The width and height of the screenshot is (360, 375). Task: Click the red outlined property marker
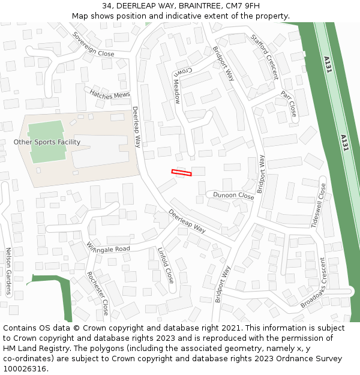pyautogui.click(x=181, y=173)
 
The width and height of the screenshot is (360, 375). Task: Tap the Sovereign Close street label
pyautogui.click(x=93, y=45)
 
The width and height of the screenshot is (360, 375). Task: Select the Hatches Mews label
pyautogui.click(x=109, y=94)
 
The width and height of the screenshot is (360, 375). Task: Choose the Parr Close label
pyautogui.click(x=289, y=103)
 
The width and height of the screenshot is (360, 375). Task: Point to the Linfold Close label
pyautogui.click(x=166, y=265)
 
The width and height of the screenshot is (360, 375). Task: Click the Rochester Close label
pyautogui.click(x=97, y=293)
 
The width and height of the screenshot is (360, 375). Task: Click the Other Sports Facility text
pyautogui.click(x=47, y=142)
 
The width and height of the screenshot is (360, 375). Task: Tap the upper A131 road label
pyautogui.click(x=327, y=64)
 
